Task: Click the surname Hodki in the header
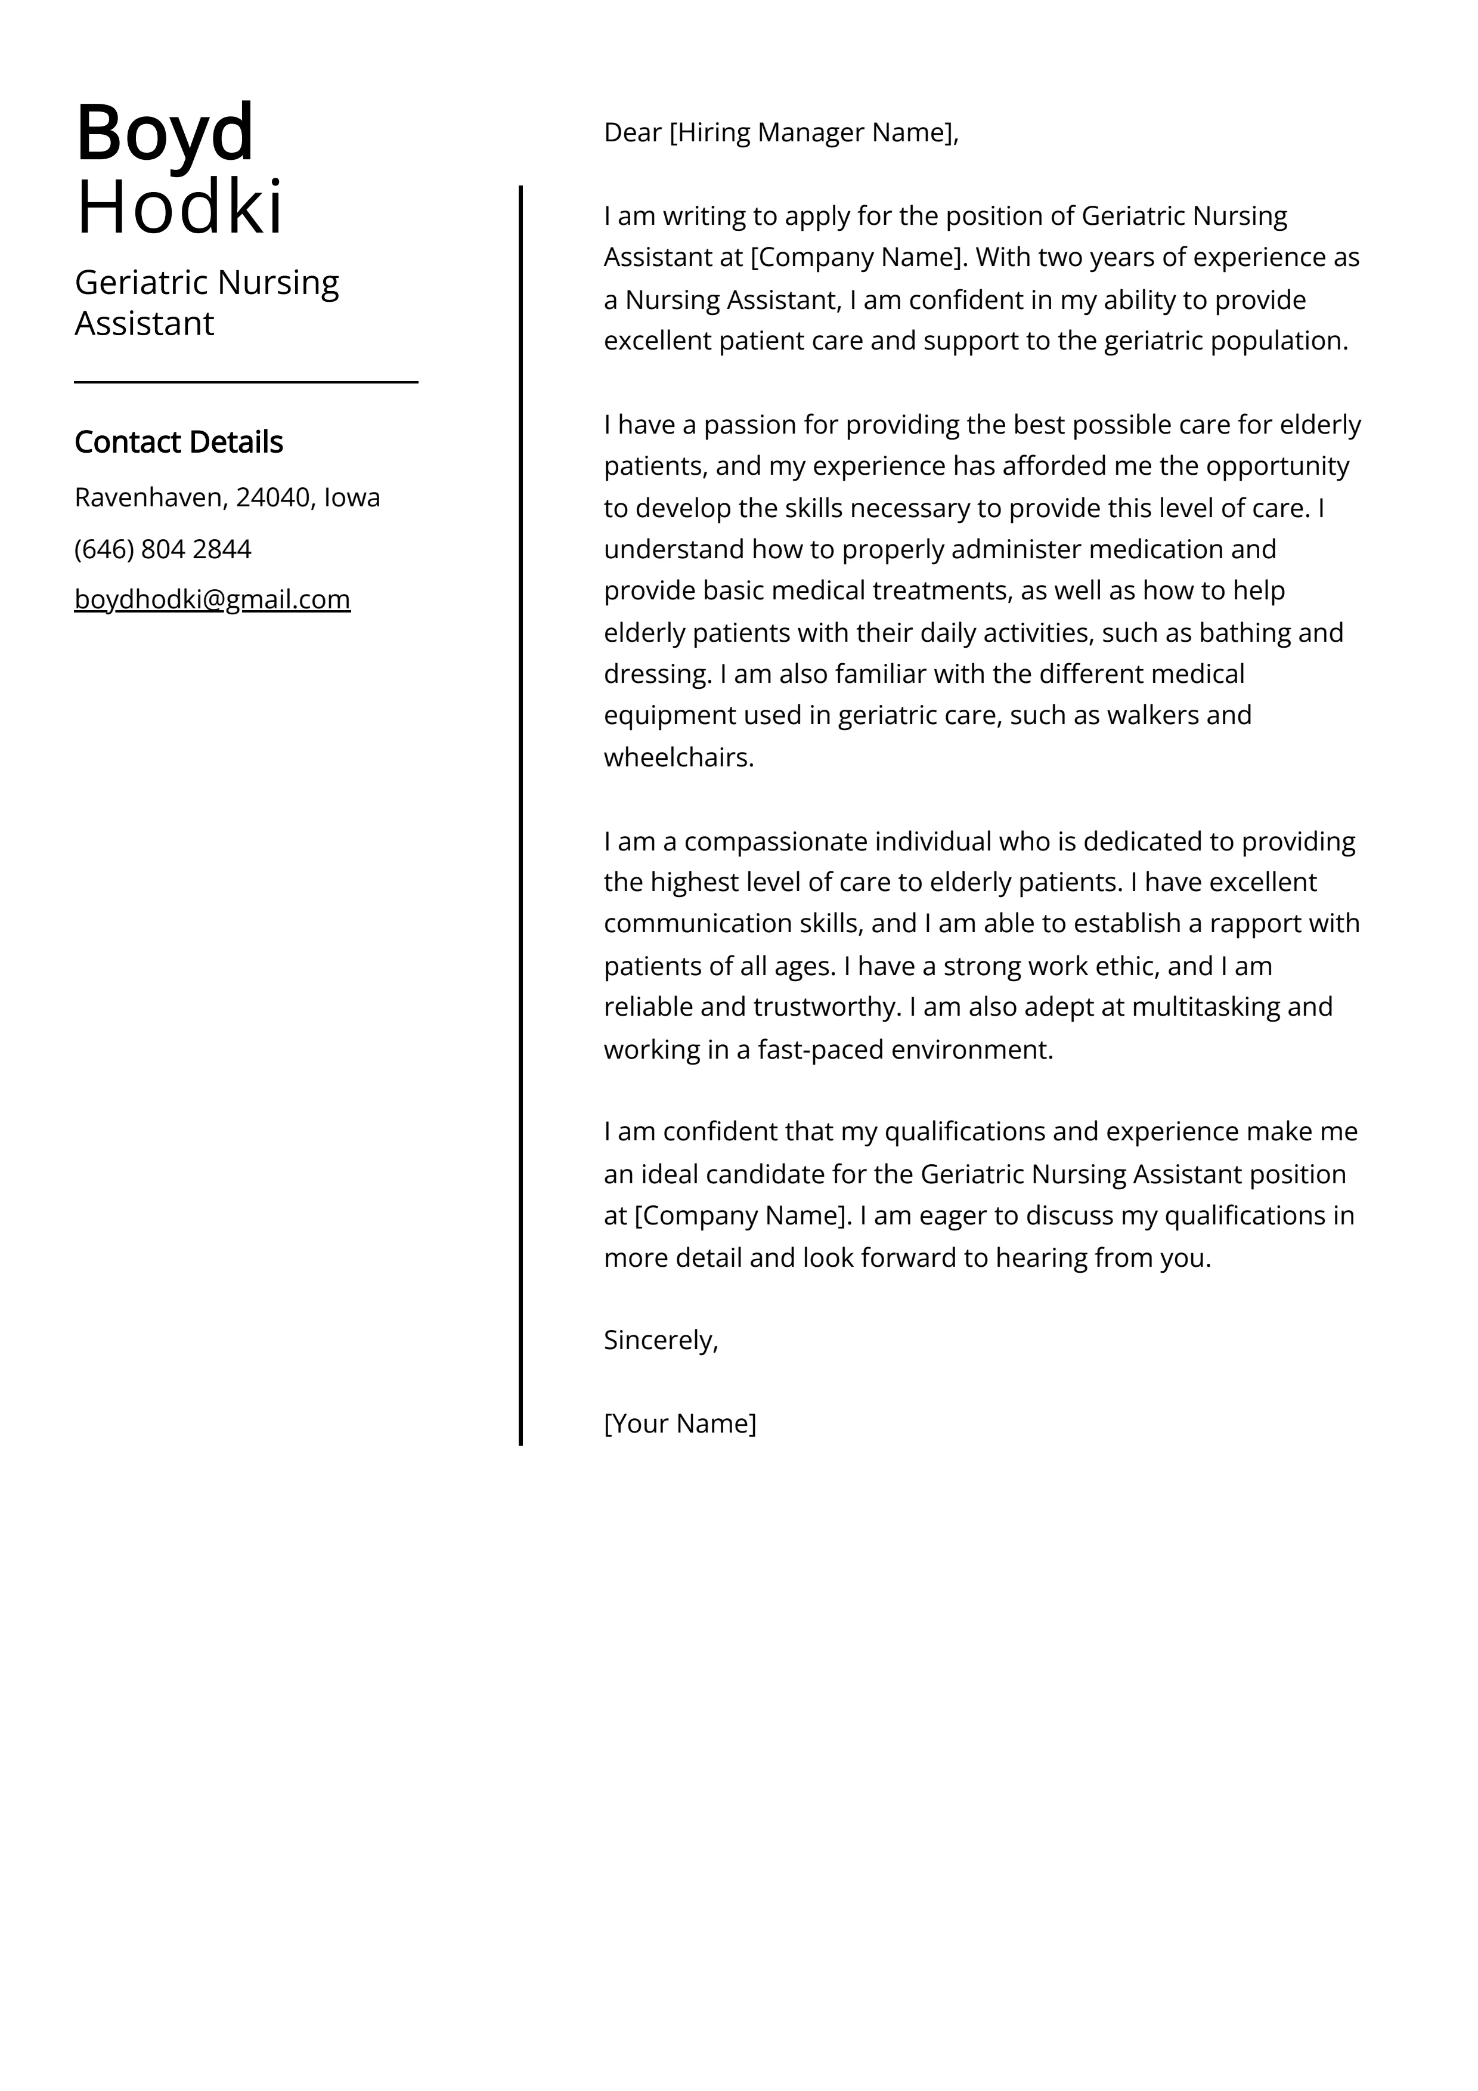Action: coord(179,208)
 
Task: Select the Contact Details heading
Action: coord(178,442)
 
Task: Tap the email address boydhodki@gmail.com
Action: coord(212,599)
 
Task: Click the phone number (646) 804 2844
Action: coord(163,549)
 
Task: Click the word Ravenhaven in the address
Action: coord(148,497)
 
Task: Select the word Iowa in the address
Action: coord(352,497)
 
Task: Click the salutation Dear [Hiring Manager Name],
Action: coord(780,133)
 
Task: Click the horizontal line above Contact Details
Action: coord(246,382)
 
